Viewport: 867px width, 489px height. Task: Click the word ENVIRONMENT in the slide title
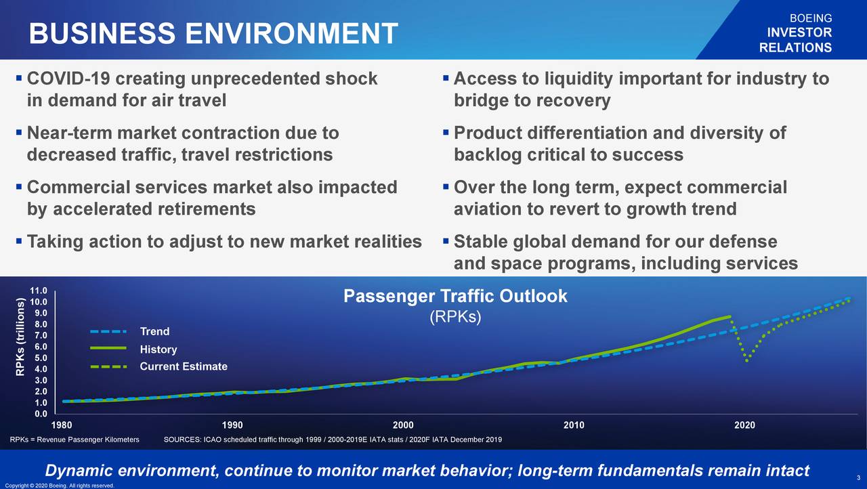291,33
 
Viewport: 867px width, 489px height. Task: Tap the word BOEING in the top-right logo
811,18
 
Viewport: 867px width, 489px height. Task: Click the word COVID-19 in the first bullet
68,79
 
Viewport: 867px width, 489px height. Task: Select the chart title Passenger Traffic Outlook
455,297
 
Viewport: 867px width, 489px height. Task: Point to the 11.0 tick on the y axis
39,291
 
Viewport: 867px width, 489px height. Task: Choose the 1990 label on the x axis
232,425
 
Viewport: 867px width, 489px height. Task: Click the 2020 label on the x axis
744,425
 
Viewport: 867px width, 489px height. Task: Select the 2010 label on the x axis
574,425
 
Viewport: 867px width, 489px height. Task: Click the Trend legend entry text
155,332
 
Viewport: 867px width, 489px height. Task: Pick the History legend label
158,349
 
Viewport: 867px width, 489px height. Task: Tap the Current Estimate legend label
184,366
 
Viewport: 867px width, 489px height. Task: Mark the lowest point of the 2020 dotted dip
746,361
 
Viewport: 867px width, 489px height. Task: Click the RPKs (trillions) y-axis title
20,337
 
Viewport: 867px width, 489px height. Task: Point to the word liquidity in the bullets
578,79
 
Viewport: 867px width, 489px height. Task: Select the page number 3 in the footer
858,477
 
